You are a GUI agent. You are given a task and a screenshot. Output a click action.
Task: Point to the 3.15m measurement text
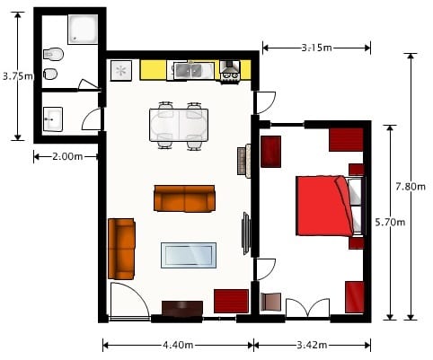(x=316, y=47)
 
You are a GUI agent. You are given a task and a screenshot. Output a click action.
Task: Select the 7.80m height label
(x=410, y=187)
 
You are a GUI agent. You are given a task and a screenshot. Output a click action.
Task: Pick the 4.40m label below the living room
(x=177, y=344)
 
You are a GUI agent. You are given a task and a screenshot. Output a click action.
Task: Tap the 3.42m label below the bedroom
(x=312, y=344)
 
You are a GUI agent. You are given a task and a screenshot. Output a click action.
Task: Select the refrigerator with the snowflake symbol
(x=122, y=70)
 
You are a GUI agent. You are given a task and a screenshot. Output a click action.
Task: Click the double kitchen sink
(x=190, y=69)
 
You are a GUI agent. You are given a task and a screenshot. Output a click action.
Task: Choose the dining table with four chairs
(x=179, y=126)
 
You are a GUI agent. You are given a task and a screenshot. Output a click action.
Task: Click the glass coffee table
(x=188, y=256)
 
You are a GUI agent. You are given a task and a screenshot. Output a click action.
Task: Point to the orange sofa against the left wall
(x=121, y=248)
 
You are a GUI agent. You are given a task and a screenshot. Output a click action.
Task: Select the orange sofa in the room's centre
(x=185, y=198)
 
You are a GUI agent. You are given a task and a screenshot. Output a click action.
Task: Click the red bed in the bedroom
(x=323, y=206)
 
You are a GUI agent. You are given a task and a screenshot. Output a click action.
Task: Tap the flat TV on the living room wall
(x=245, y=233)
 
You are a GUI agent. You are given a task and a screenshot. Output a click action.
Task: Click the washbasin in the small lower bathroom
(x=53, y=117)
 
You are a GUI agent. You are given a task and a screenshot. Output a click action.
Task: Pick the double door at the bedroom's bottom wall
(x=307, y=308)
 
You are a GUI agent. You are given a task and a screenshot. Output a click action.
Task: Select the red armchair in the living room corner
(x=231, y=300)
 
